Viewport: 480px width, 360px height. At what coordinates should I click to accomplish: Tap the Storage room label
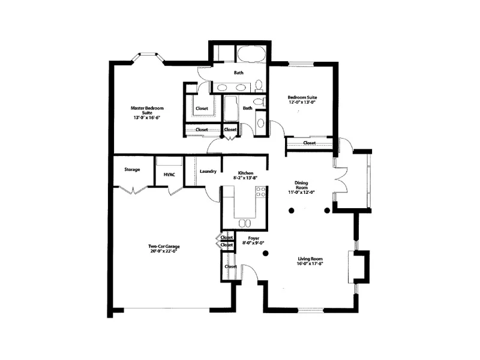tap(132, 170)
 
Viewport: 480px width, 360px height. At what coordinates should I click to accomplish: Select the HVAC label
tap(169, 175)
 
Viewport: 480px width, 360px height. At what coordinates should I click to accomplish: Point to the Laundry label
tap(208, 172)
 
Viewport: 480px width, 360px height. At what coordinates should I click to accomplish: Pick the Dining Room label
tap(301, 185)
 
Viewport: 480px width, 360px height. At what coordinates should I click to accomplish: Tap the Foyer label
tap(253, 238)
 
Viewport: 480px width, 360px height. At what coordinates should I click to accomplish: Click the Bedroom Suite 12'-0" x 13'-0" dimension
tap(302, 103)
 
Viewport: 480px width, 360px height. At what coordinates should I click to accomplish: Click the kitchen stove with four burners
tap(261, 192)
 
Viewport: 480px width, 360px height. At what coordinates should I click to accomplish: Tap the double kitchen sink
tap(245, 223)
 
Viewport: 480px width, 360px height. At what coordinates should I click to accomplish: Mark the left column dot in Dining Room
tap(291, 211)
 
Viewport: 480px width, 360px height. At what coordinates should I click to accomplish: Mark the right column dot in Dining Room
tap(327, 211)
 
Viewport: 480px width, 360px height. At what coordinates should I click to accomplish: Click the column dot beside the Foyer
tap(265, 253)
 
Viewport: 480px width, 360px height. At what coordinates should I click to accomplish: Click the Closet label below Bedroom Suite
tap(309, 143)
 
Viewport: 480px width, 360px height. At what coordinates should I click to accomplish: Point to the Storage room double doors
tap(133, 190)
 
